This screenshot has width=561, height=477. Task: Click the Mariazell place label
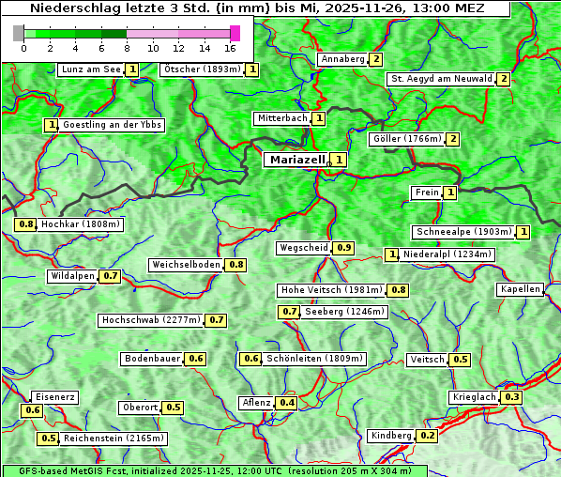[x=296, y=160]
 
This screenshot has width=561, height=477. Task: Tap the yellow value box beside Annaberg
[x=375, y=59]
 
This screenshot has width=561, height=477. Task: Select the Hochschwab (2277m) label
[x=151, y=320]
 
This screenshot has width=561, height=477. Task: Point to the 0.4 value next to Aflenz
[x=286, y=403]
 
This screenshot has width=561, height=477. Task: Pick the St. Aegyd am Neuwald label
[x=441, y=79]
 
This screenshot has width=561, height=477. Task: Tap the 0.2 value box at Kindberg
[x=427, y=436]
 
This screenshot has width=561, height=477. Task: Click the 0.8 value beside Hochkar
[x=26, y=224]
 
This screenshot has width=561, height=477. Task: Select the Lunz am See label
[x=90, y=69]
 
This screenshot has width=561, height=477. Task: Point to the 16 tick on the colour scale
[x=230, y=48]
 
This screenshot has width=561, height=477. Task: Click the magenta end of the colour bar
[x=235, y=33]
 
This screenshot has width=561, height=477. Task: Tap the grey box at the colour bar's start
[x=19, y=33]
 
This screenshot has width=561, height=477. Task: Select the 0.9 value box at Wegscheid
[x=344, y=248]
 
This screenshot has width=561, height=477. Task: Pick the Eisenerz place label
[x=54, y=397]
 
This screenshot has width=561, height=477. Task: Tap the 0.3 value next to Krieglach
[x=511, y=397]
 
